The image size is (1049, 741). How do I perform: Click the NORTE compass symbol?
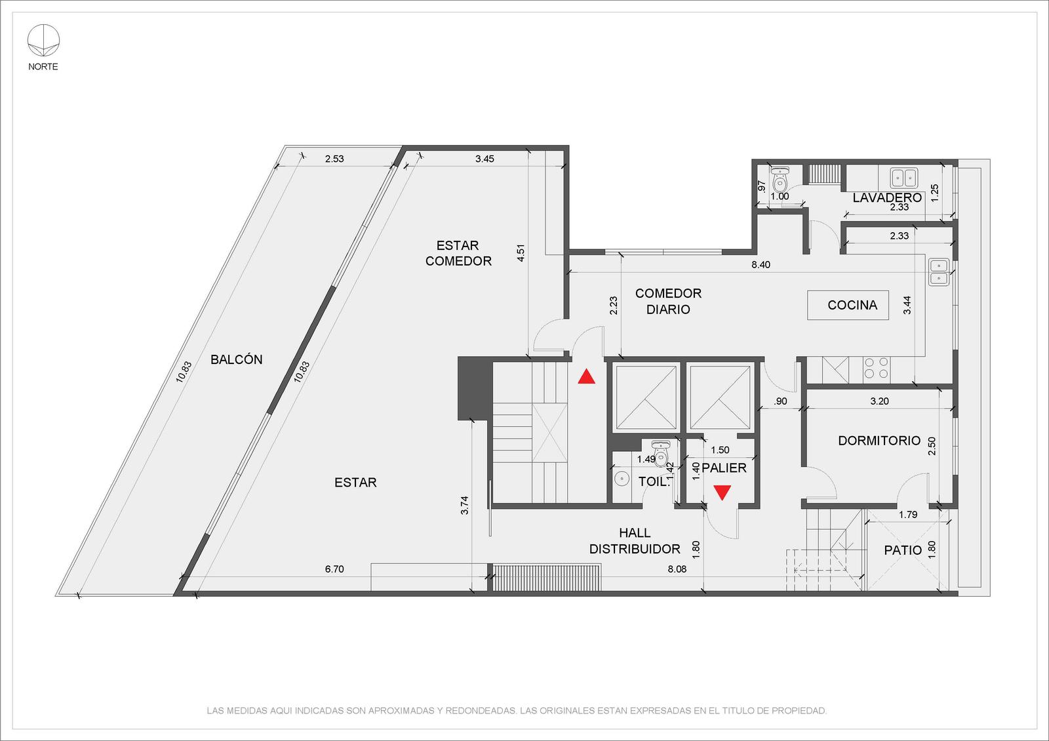pos(43,41)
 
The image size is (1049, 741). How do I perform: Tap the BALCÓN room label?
pos(237,360)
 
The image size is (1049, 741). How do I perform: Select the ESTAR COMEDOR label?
pos(458,253)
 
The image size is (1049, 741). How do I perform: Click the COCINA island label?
pos(852,305)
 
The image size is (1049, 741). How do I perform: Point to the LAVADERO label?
pos(887,197)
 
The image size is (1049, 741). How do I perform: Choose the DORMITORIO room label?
pos(879,441)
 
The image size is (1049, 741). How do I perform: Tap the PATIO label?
pos(903,550)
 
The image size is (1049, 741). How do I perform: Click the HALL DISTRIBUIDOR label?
pos(635,541)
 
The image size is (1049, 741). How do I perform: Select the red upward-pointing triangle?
pos(586,376)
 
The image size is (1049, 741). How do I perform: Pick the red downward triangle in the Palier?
pos(722,492)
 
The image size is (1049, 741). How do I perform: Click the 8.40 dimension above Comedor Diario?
pos(761,265)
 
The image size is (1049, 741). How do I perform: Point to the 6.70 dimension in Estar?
pos(334,569)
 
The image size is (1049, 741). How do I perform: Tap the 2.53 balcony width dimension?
pos(334,159)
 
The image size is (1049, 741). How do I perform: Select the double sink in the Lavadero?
pos(904,178)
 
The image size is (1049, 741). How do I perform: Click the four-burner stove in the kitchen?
pos(877,368)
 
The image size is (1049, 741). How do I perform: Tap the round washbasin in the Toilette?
pos(622,479)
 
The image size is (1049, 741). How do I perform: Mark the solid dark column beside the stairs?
pos(475,388)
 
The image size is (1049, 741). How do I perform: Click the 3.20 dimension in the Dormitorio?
pos(879,401)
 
